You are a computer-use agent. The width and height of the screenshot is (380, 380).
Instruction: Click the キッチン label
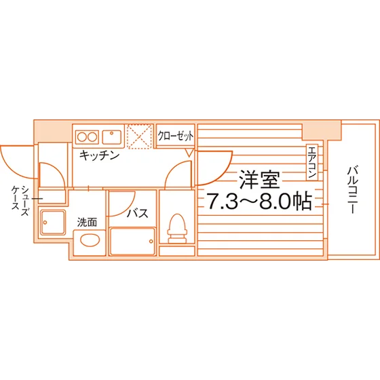click(x=99, y=155)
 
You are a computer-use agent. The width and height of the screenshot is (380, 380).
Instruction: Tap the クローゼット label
click(x=176, y=136)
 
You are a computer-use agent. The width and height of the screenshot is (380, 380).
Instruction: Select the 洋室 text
click(x=259, y=180)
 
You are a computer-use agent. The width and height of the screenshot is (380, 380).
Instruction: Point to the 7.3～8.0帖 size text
click(x=259, y=201)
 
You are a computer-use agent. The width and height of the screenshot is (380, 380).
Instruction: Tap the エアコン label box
click(x=312, y=162)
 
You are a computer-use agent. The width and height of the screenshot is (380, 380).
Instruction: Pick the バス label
click(x=138, y=213)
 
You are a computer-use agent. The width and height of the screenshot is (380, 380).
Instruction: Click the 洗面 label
click(x=87, y=223)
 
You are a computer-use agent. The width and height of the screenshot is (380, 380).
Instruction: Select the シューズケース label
click(x=20, y=201)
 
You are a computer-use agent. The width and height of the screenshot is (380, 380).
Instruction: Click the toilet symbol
click(x=177, y=229)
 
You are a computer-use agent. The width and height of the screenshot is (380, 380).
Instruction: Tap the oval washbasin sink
click(x=90, y=240)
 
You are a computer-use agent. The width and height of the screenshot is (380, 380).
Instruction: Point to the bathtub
click(x=132, y=241)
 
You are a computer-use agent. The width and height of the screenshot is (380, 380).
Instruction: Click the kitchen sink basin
click(x=112, y=137)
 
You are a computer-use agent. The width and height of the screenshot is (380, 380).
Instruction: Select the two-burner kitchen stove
click(x=87, y=137)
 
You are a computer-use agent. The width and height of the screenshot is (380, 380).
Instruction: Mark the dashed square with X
click(x=140, y=136)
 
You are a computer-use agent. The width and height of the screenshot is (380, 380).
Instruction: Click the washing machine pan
click(x=53, y=223)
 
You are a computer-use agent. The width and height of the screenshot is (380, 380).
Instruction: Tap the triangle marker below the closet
click(x=189, y=153)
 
